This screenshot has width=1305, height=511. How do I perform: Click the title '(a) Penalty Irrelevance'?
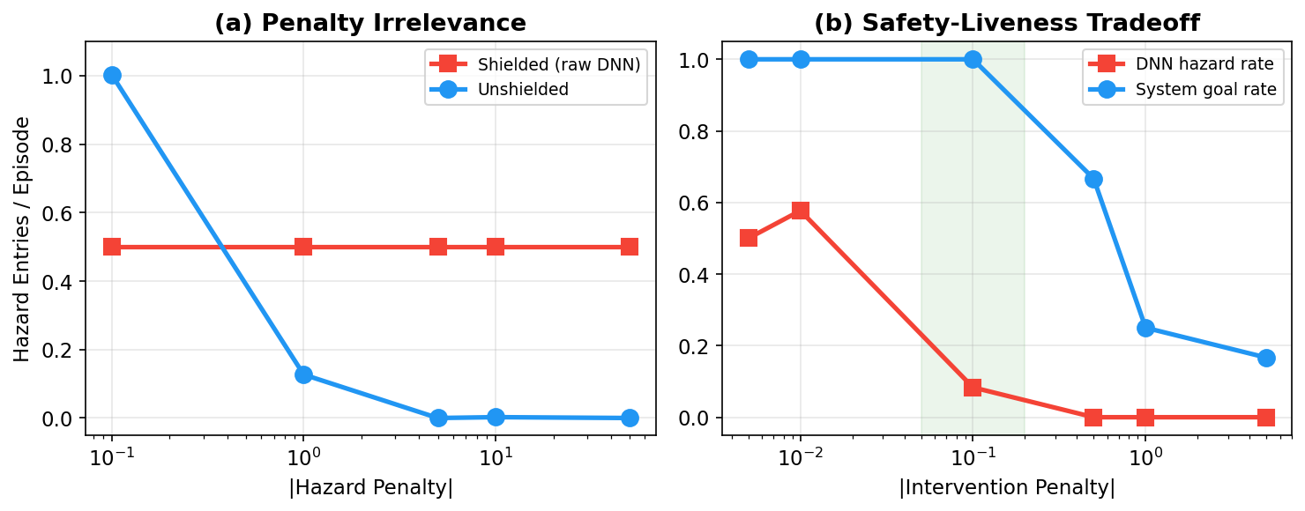(x=370, y=24)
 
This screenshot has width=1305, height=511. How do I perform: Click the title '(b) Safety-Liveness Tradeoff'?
(x=1006, y=24)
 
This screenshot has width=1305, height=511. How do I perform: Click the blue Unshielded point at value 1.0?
(x=112, y=76)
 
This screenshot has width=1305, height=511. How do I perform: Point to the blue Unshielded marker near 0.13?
(x=303, y=374)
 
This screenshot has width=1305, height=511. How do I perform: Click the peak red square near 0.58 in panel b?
(x=801, y=211)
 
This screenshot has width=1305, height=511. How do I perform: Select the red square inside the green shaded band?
(x=973, y=388)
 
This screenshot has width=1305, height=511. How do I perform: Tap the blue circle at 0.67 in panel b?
(x=1093, y=179)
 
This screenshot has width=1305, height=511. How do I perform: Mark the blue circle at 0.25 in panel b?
(x=1145, y=328)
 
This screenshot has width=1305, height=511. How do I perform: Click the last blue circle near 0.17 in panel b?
(x=1266, y=358)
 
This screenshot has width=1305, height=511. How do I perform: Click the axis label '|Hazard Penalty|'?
(x=370, y=488)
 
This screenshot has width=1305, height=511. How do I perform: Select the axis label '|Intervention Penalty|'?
(x=1006, y=488)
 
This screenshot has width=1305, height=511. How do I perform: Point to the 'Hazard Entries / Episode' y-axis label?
(x=22, y=238)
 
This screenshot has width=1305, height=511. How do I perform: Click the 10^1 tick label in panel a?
(x=496, y=458)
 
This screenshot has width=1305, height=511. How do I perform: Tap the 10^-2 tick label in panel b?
(x=801, y=458)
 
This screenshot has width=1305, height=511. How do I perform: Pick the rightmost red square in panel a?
(x=630, y=247)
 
